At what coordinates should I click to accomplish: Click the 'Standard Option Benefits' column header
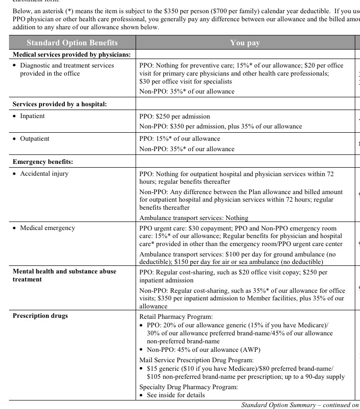(x=72, y=43)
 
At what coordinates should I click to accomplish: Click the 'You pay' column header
(x=245, y=43)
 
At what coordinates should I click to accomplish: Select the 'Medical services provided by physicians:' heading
(x=71, y=55)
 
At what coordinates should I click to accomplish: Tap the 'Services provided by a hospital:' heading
(x=60, y=104)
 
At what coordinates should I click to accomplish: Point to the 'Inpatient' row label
(x=32, y=116)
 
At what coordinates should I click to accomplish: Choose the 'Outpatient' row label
(x=34, y=139)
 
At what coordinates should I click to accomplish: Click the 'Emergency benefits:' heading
(x=43, y=162)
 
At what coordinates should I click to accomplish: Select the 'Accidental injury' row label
(x=44, y=174)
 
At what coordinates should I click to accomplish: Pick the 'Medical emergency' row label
(x=47, y=228)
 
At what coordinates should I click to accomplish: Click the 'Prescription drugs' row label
(x=40, y=316)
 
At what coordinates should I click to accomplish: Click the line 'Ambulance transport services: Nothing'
(x=194, y=218)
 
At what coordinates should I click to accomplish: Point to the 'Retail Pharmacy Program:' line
(x=176, y=317)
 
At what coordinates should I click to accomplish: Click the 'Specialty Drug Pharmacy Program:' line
(x=189, y=387)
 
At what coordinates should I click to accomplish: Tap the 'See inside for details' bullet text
(x=176, y=395)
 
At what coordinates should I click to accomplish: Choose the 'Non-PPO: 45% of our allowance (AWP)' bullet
(x=204, y=350)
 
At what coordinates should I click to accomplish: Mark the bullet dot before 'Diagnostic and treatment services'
(x=15, y=66)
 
